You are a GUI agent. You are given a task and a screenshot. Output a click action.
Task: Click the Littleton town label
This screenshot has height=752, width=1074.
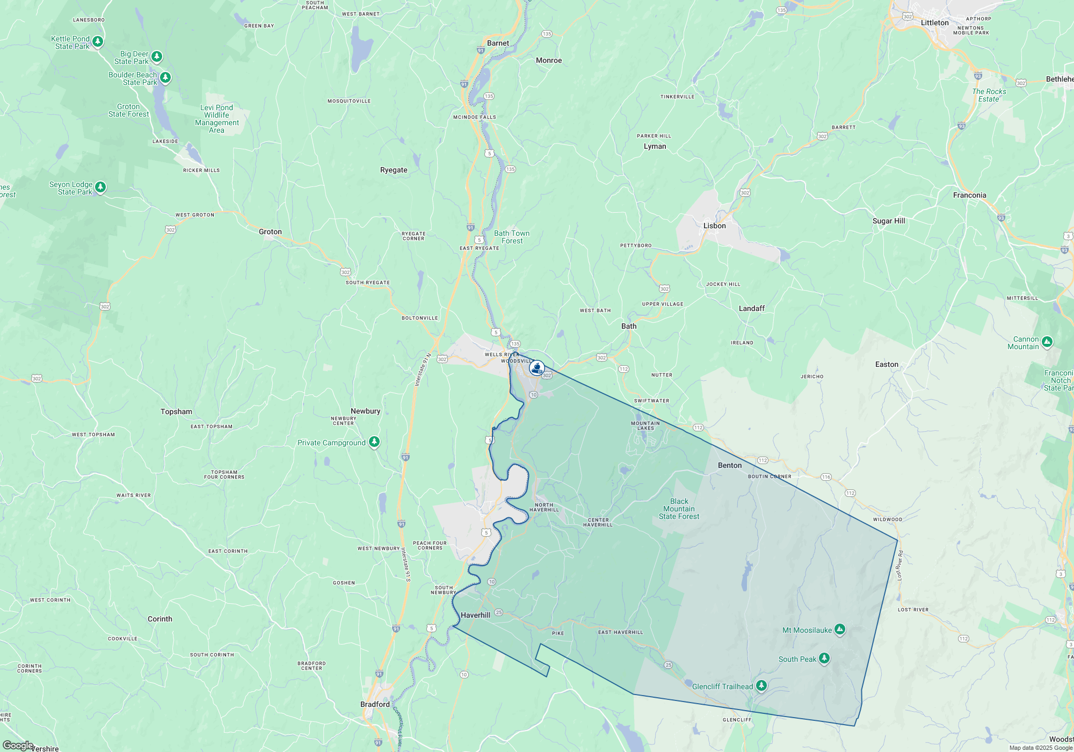934,23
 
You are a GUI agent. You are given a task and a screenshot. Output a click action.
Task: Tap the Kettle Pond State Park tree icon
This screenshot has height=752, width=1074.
98,41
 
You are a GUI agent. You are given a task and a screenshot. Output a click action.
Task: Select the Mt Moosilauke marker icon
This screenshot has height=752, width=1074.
840,630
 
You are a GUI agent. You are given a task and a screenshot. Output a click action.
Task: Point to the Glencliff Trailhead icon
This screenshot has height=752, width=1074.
761,685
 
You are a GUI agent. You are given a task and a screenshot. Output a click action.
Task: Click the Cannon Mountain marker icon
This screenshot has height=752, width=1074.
1047,342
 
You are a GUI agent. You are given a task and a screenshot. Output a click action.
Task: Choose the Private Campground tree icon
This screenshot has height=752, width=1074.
374,442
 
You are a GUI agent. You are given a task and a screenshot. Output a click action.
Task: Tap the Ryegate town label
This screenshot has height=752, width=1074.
394,170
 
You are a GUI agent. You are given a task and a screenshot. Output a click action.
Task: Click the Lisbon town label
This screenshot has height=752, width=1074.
714,226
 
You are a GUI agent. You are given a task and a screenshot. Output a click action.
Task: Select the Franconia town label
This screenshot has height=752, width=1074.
969,195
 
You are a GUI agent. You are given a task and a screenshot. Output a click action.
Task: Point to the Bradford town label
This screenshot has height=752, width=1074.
375,704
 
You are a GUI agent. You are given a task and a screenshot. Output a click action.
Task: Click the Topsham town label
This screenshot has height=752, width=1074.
176,411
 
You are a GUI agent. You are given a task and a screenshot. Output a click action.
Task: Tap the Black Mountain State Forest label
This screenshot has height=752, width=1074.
679,509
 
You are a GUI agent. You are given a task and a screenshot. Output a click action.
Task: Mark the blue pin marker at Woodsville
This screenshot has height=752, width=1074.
536,368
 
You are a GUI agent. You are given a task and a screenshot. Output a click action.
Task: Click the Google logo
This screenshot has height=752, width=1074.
18,746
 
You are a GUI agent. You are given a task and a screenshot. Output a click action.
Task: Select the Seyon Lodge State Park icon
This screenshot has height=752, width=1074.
100,187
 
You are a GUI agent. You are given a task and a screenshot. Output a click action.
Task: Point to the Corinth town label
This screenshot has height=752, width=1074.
160,619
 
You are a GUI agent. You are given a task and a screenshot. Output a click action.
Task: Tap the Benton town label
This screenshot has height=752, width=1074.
730,465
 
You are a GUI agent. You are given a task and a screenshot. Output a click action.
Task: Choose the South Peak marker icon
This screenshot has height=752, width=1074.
824,658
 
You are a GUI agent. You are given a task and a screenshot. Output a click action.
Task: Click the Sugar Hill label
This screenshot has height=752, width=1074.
889,221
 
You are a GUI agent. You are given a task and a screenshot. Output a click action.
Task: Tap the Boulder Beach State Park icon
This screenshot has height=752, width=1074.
165,78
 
